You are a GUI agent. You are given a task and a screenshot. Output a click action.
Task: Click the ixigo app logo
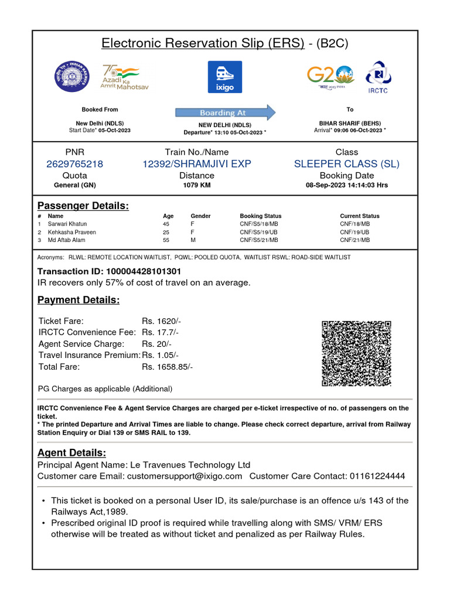[x=224, y=77]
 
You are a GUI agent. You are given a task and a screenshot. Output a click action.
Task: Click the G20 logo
[x=330, y=76]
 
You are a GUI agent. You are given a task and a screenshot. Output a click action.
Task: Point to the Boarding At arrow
[x=225, y=112]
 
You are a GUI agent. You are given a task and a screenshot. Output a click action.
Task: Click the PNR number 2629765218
[x=74, y=164]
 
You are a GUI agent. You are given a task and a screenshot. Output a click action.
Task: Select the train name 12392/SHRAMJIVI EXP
[x=196, y=164]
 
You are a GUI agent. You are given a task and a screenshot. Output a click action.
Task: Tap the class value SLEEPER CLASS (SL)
[x=346, y=164]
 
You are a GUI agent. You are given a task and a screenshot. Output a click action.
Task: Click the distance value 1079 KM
[x=196, y=185]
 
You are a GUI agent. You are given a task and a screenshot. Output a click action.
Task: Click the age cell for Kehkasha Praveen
[x=166, y=232]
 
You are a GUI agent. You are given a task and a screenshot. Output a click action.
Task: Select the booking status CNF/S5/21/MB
[x=258, y=240]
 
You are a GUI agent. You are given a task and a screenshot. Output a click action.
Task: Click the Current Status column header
[x=359, y=216]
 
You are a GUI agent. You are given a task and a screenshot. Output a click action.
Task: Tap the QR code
[x=356, y=353]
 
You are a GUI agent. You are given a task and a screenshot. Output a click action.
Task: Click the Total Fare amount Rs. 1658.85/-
[x=167, y=367]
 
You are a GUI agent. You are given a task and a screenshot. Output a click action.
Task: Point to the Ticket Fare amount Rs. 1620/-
[x=161, y=321]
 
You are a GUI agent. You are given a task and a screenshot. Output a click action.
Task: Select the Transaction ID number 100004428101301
[x=143, y=271]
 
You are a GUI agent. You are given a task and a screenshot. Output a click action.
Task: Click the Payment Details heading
[x=79, y=300]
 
